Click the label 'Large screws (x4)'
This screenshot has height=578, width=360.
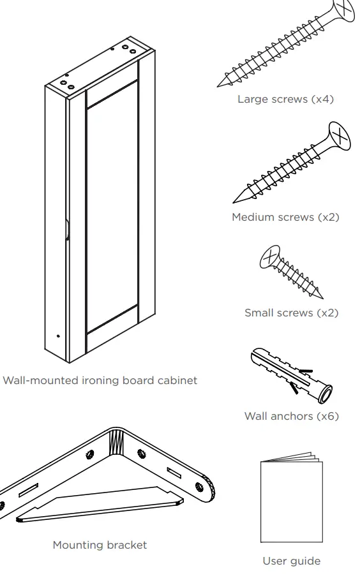[285, 99]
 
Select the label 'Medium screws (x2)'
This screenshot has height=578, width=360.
[285, 217]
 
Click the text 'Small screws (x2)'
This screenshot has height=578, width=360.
[291, 313]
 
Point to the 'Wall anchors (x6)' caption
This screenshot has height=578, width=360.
[291, 416]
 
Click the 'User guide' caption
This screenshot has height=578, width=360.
[291, 561]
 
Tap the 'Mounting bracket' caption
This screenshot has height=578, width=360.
[100, 545]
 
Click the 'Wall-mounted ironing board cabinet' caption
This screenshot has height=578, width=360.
[100, 380]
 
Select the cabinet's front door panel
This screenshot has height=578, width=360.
[112, 211]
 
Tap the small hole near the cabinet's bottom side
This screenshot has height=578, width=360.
[58, 336]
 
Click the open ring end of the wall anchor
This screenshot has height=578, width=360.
[326, 396]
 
